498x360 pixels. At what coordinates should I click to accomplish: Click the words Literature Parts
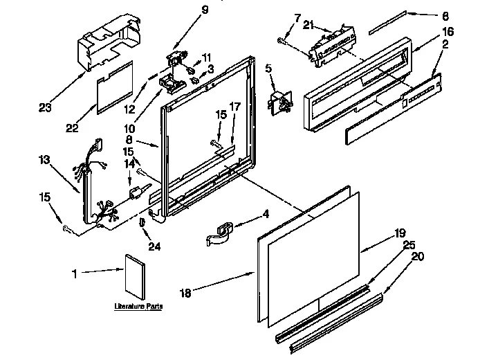coord(138,305)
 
